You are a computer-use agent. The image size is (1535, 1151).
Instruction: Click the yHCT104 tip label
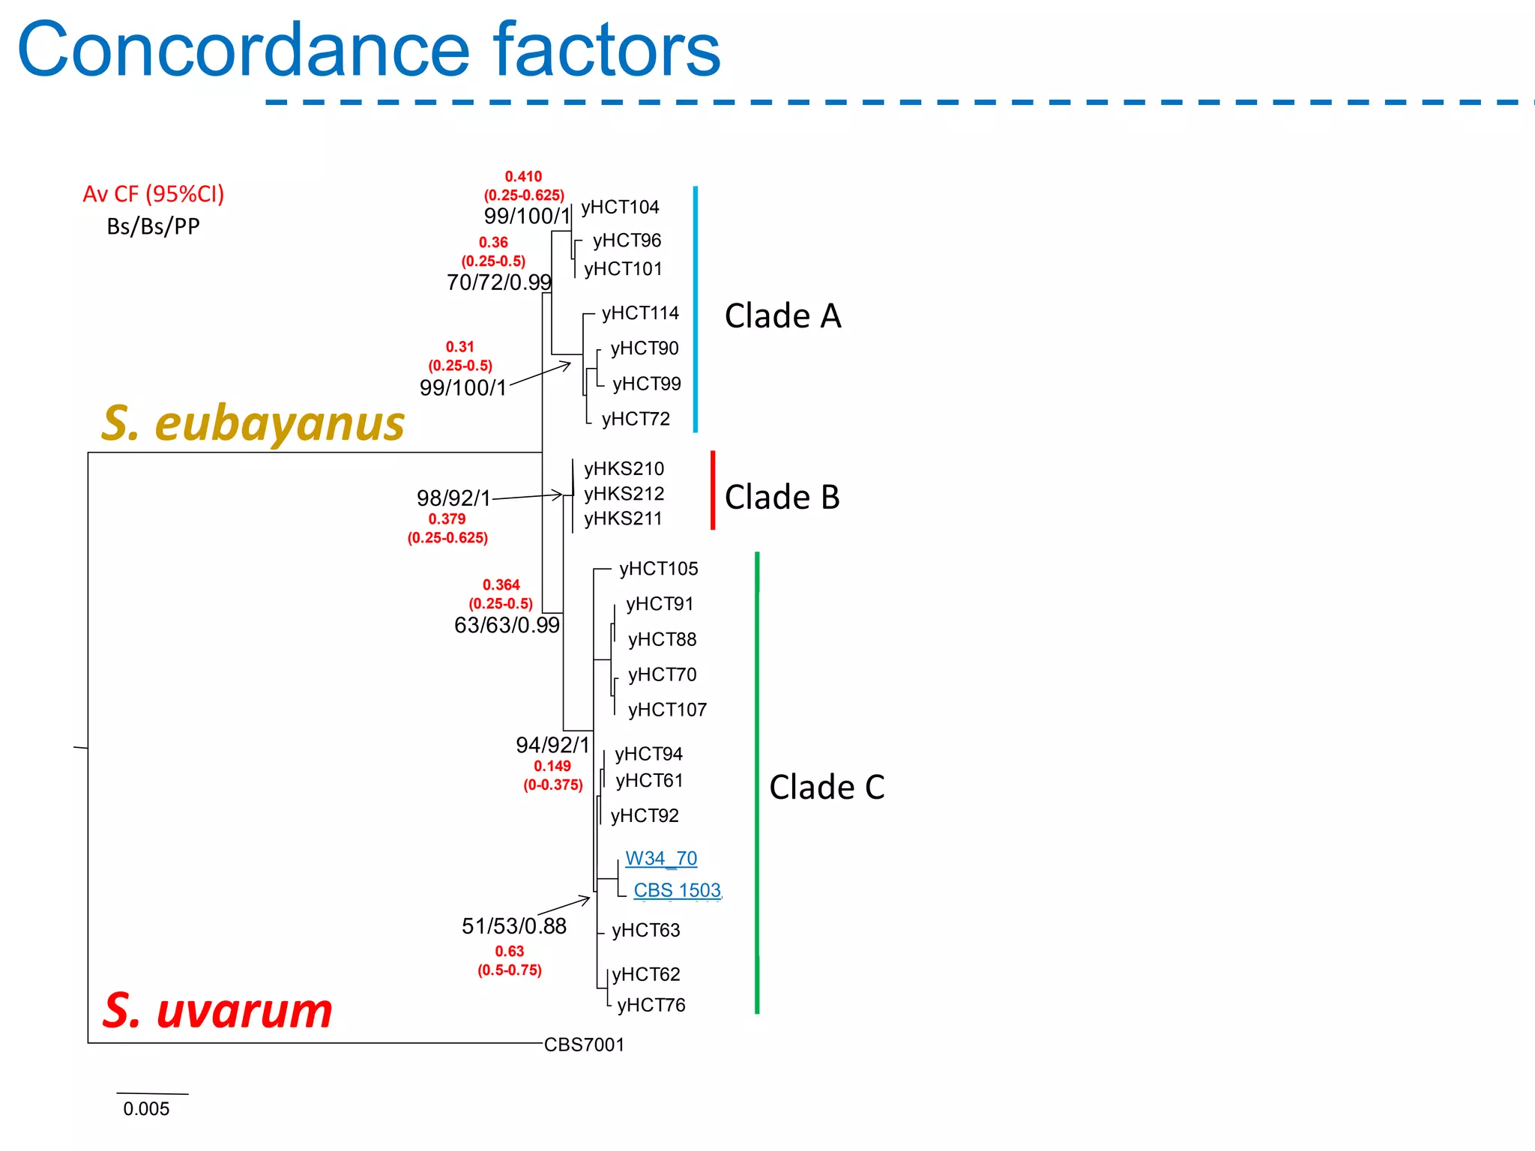point(620,207)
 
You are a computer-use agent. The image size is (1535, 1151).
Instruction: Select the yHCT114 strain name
point(640,312)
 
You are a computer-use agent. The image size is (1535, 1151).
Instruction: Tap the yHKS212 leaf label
point(624,494)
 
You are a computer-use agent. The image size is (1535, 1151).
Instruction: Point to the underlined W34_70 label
point(660,858)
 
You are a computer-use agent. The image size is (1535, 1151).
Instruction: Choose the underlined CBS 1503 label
point(677,890)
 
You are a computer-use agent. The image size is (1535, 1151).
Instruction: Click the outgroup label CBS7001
point(584,1045)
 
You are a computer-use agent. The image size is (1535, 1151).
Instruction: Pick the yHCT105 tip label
point(658,569)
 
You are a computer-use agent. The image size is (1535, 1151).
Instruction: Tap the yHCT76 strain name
point(651,1005)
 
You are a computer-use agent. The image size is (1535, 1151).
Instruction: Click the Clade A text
point(782,315)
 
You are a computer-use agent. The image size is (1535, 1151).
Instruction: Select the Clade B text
point(782,497)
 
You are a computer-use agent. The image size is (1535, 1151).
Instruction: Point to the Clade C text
point(827,787)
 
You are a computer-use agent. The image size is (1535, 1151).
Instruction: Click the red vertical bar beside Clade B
point(713,490)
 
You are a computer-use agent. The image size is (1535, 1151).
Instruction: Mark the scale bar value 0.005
point(146,1109)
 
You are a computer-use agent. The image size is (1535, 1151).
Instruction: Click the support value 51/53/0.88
point(514,926)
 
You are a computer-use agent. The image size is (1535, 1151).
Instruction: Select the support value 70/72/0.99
point(499,283)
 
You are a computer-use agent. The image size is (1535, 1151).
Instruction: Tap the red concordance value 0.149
point(552,766)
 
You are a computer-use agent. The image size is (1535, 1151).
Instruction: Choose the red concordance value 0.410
point(523,177)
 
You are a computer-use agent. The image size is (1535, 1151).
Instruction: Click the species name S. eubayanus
point(253,423)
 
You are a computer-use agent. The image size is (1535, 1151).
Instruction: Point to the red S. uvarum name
point(217,1010)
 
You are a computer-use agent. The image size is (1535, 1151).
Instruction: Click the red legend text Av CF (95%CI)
point(154,194)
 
